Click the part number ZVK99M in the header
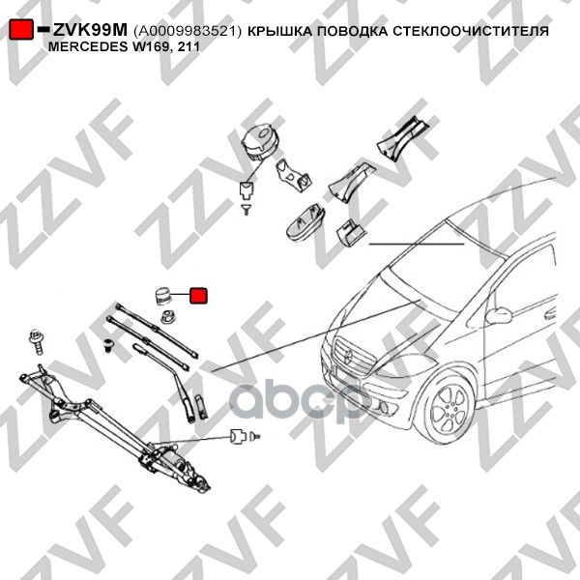(90, 30)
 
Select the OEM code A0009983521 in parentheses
(188, 32)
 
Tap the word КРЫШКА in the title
(280, 32)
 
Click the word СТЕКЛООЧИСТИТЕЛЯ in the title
(470, 32)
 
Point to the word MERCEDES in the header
(87, 47)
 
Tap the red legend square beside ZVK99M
(21, 29)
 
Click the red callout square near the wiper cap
(198, 296)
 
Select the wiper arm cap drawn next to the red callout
(162, 296)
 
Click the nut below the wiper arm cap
(168, 317)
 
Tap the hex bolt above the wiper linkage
(37, 341)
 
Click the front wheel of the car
(449, 407)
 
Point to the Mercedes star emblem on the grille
(348, 356)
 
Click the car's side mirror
(498, 315)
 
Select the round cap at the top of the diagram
(259, 142)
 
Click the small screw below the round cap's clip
(246, 210)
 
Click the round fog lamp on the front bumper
(383, 407)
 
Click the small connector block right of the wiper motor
(238, 437)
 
